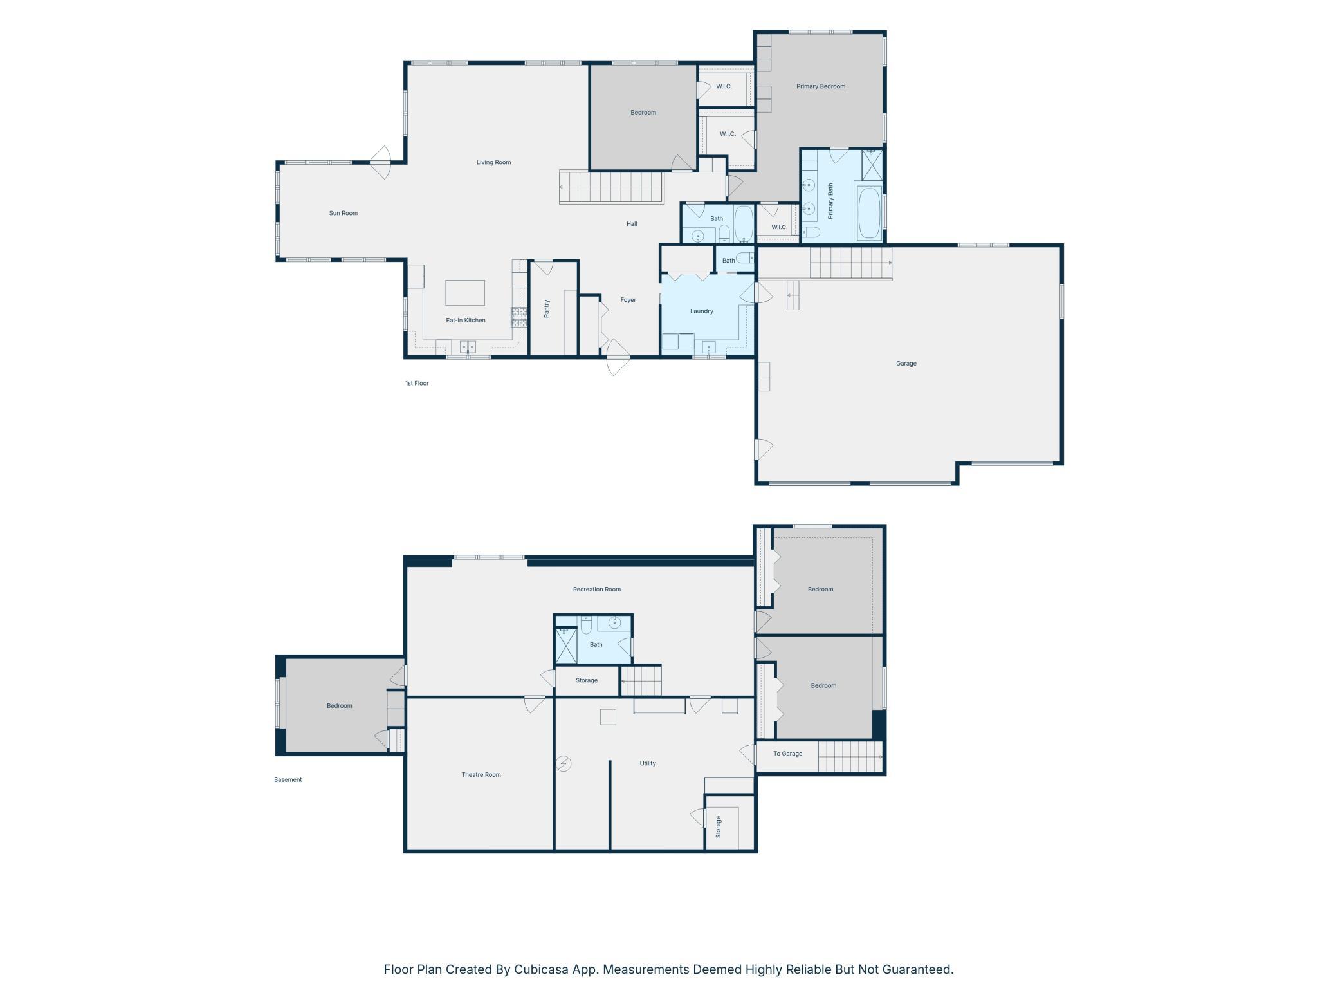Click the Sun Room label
click(x=343, y=213)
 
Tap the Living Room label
click(x=493, y=162)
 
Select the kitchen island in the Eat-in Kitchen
click(x=465, y=293)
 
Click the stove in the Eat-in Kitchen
click(x=519, y=317)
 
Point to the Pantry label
click(x=547, y=308)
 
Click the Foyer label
click(x=628, y=300)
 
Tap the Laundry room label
click(x=701, y=311)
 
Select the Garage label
click(x=906, y=364)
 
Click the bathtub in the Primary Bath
click(x=869, y=213)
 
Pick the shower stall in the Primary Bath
click(x=872, y=165)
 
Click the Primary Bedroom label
click(x=821, y=86)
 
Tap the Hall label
click(x=632, y=224)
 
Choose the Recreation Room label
click(x=597, y=589)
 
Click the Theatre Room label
click(x=481, y=775)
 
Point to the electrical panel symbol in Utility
click(x=564, y=764)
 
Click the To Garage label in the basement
click(x=787, y=754)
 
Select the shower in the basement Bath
click(x=566, y=646)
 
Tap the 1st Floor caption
click(x=417, y=383)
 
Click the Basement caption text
click(x=288, y=780)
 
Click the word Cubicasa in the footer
click(x=541, y=969)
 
